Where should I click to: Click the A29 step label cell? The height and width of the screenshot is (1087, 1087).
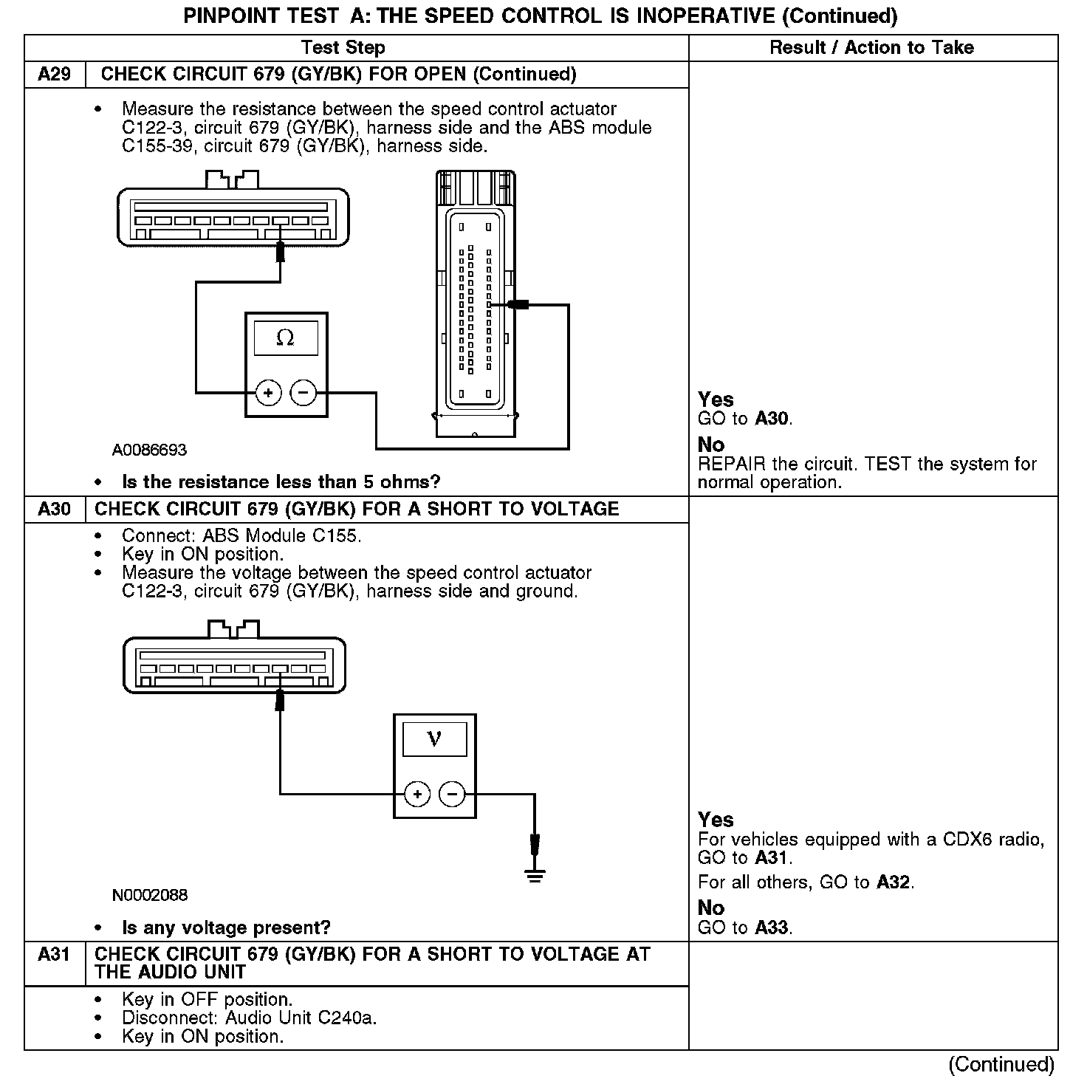pos(54,75)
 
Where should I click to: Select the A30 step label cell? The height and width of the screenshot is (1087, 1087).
pos(54,510)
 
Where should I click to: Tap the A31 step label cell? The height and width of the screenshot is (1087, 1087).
pos(54,955)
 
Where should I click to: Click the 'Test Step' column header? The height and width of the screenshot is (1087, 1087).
pos(343,48)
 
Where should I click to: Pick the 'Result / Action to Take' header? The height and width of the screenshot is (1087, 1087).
pos(871,48)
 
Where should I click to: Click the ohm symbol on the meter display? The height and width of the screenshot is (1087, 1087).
pos(285,338)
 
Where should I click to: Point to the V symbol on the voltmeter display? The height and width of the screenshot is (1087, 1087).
pos(434,738)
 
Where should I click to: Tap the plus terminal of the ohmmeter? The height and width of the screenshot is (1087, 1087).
pos(268,393)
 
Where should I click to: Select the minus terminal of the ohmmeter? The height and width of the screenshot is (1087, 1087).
pos(304,393)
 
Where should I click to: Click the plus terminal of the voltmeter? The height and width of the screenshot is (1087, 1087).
pos(417,795)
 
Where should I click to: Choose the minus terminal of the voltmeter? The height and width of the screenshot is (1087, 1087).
pos(452,795)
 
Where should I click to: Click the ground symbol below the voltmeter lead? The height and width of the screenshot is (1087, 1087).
pos(535,876)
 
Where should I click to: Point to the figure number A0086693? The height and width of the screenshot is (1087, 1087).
pos(149,450)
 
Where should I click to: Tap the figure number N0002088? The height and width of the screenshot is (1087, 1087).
pos(150,896)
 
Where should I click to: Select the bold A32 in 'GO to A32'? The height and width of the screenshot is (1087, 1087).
pos(894,882)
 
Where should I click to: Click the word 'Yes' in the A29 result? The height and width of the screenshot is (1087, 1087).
pos(716,400)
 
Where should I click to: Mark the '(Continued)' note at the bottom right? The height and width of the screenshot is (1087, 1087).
pos(1001,1064)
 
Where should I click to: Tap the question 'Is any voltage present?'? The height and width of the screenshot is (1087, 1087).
pos(226,928)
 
